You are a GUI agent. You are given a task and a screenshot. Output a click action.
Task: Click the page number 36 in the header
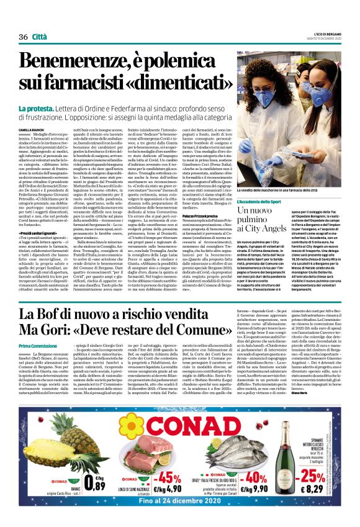[23, 37]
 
